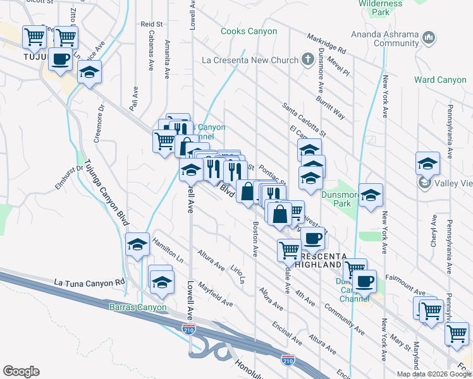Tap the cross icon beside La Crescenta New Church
coord(307,61)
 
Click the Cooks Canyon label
coord(249,31)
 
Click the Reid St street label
coord(152,24)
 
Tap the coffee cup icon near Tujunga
coord(60,59)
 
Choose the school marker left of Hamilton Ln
coord(137,244)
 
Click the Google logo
coord(20,371)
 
